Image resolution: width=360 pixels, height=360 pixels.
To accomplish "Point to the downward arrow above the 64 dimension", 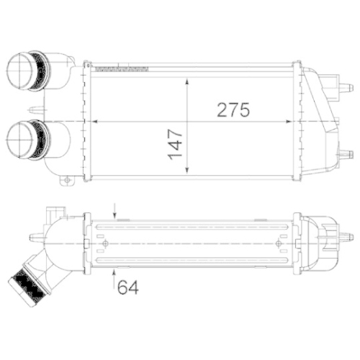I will point(115,211).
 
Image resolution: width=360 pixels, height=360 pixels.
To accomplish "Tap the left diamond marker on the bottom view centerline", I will point(107,243).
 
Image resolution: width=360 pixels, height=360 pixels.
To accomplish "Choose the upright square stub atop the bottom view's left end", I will point(52,214).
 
